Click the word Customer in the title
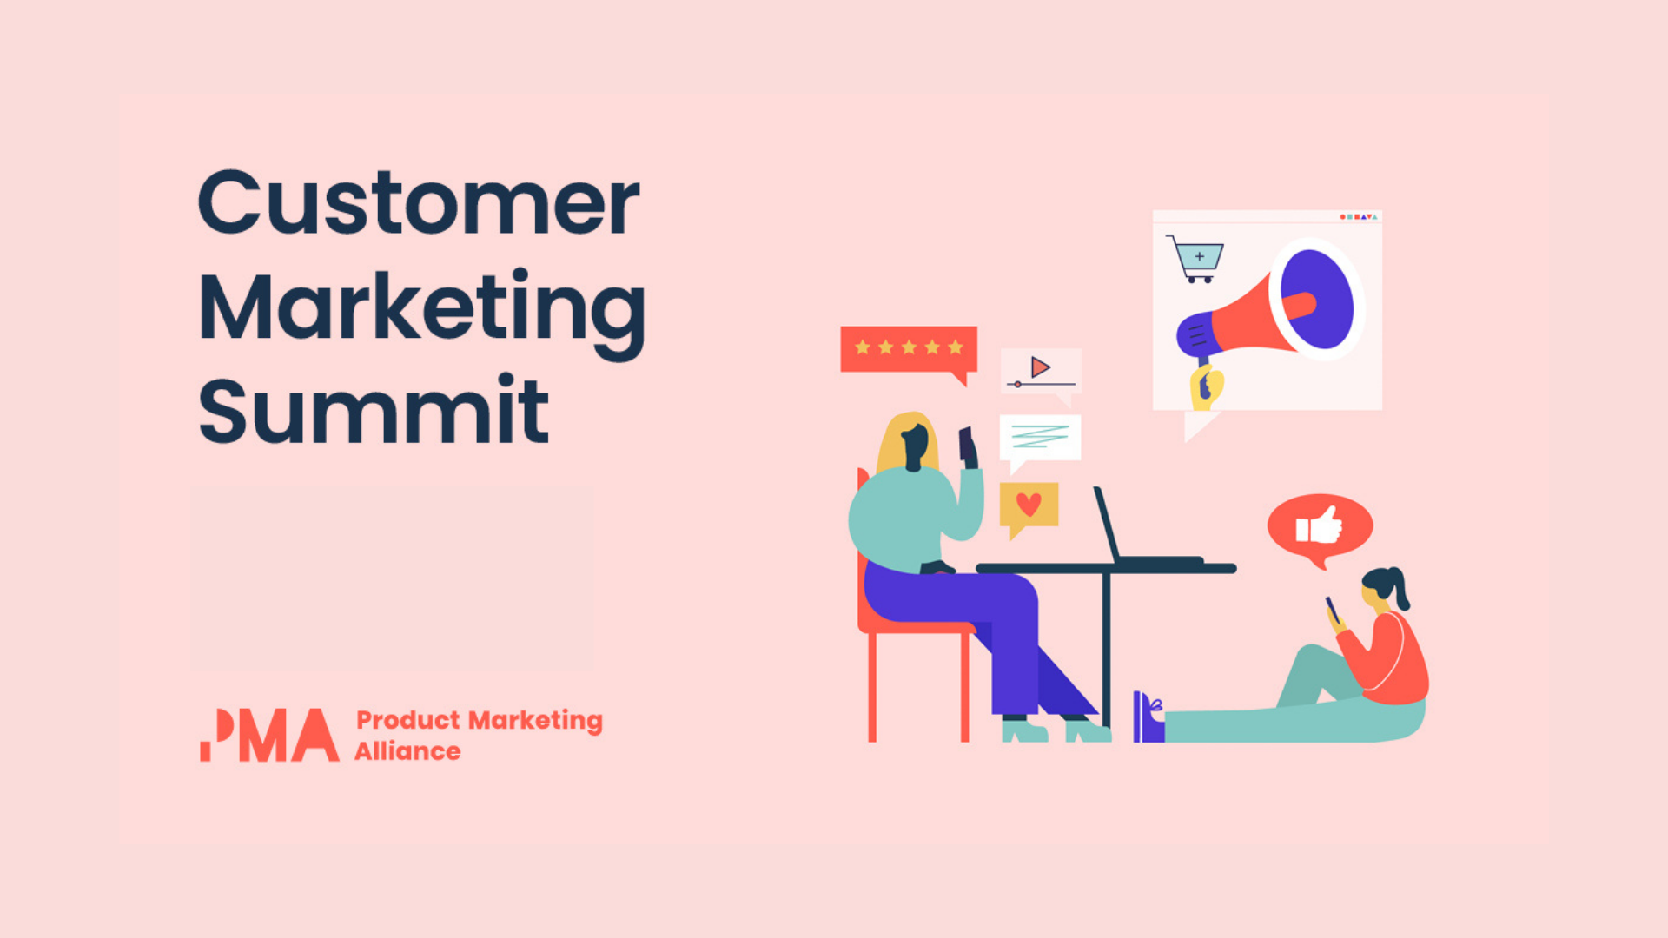click(419, 202)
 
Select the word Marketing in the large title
click(422, 311)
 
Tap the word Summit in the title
click(374, 409)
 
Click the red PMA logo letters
click(269, 735)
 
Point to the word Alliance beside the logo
click(407, 751)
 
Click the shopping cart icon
click(1195, 259)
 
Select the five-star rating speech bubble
click(909, 352)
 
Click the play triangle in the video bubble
click(1041, 367)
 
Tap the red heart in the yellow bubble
click(1029, 504)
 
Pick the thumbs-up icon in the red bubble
click(1320, 525)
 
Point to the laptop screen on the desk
click(1106, 525)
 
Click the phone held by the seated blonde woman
click(966, 445)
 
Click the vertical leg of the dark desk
click(1106, 651)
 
